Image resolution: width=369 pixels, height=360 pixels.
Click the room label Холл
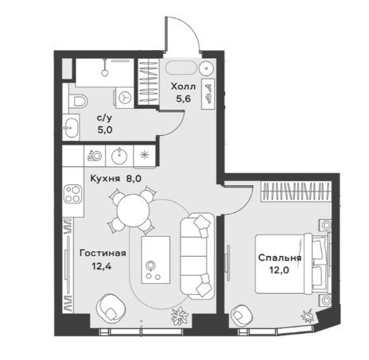[x=183, y=87]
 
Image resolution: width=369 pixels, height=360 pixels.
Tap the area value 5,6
[x=184, y=99]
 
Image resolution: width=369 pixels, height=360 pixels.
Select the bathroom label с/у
[x=104, y=118]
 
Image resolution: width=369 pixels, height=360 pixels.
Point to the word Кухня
[x=105, y=179]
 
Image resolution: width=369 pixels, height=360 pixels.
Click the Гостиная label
[x=103, y=254]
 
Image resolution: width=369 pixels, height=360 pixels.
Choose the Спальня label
[x=280, y=257]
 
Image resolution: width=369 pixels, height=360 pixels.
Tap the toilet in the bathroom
[x=78, y=101]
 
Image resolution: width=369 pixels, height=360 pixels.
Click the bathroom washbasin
[x=71, y=128]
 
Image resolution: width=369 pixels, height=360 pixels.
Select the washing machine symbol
[x=125, y=98]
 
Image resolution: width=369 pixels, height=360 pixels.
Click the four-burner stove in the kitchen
[x=72, y=194]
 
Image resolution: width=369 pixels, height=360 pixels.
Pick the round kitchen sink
[x=119, y=156]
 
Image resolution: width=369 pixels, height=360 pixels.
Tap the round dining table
[x=133, y=211]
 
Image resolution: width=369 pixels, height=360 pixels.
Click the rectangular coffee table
[x=156, y=260]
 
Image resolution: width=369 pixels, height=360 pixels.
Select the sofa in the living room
[x=197, y=256]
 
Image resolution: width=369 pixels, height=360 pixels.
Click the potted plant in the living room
[x=180, y=315]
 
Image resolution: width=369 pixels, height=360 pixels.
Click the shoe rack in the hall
[x=208, y=94]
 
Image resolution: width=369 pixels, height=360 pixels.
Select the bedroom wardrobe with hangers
[x=296, y=192]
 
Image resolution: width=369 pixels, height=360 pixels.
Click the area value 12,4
[x=102, y=266]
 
